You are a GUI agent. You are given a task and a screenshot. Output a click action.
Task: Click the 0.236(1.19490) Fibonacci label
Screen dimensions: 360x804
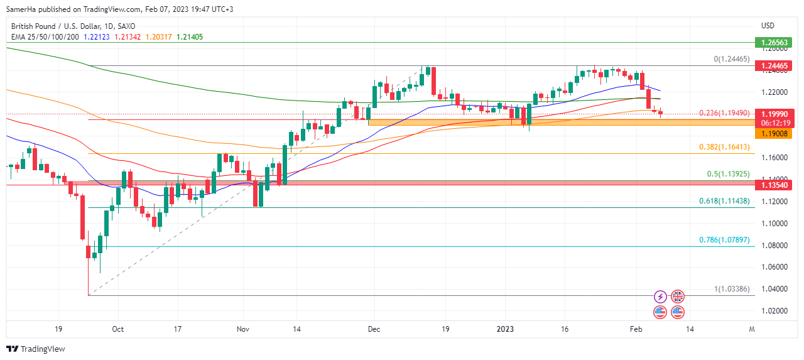tap(724, 113)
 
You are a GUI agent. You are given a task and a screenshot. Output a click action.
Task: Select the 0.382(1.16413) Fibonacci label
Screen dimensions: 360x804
tap(724, 147)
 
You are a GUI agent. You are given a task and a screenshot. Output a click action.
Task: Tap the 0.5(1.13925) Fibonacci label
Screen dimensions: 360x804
tap(729, 174)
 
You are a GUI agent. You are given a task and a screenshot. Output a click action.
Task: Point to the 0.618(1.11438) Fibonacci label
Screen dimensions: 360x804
tap(724, 201)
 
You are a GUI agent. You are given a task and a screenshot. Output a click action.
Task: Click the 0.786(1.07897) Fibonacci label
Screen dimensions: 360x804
tap(724, 240)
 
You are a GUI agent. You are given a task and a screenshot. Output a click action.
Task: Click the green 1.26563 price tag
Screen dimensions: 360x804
tap(776, 43)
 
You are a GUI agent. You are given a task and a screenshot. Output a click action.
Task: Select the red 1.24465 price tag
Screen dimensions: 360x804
tap(776, 66)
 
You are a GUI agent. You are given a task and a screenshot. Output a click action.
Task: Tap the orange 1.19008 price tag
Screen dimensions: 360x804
tap(776, 134)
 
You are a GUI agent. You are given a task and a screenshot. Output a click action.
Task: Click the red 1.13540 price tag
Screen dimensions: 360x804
tap(776, 185)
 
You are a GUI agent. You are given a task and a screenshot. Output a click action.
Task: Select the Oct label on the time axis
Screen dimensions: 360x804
tap(117, 329)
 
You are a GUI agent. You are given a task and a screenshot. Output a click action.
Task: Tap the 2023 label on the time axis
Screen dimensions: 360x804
tap(505, 329)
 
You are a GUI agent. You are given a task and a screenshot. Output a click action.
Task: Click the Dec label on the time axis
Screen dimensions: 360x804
tap(374, 329)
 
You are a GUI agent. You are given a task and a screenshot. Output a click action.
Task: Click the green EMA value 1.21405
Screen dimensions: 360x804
tap(190, 37)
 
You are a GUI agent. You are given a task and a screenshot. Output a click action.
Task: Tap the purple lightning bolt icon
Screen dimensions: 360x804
tap(660, 297)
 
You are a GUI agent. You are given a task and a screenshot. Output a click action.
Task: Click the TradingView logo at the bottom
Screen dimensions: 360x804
tap(36, 349)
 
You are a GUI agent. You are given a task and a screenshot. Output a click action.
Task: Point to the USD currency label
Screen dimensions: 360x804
tap(768, 26)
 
